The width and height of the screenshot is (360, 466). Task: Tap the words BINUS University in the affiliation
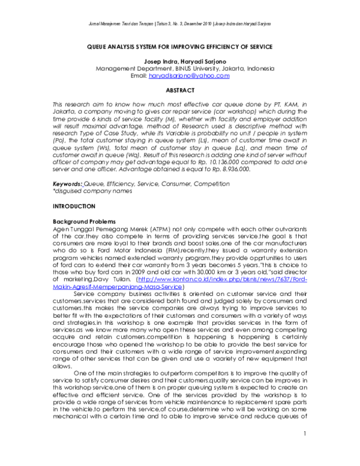click(196, 69)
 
